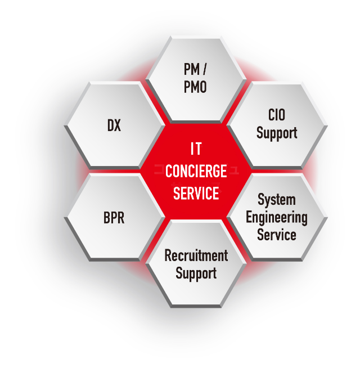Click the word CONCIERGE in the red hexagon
point(196,171)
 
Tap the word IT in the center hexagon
point(196,149)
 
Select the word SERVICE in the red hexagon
point(196,193)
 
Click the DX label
point(114,125)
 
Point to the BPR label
point(114,218)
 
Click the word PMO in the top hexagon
point(195,87)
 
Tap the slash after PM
point(204,69)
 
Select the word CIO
point(277,115)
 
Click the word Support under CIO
point(277,133)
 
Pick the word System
point(277,200)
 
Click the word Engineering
point(277,218)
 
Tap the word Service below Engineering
point(277,235)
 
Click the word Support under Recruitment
point(196,273)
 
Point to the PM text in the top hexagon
point(191,69)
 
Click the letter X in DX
point(118,125)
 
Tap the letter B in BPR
point(107,218)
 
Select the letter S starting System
point(261,200)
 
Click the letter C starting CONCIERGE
point(169,171)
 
